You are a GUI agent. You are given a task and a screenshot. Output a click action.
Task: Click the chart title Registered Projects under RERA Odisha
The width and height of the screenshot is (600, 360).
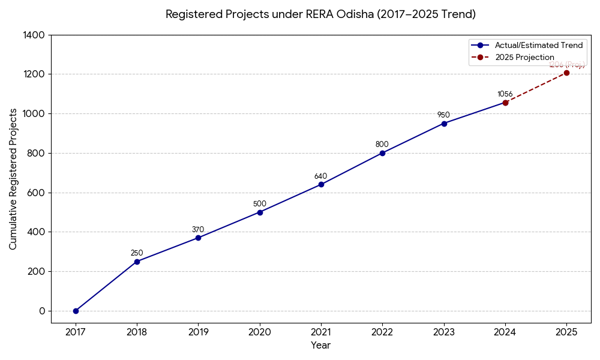(320, 14)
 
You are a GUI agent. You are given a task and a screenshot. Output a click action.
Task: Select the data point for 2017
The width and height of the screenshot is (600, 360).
(76, 311)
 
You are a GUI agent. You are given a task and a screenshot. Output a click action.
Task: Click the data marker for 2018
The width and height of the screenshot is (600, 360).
(137, 262)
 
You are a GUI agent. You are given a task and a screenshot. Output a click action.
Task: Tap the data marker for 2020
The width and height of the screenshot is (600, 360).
(260, 212)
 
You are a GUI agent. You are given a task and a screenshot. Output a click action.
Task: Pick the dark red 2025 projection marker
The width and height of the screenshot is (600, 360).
(566, 73)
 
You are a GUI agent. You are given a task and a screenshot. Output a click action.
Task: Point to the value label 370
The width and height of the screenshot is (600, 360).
(198, 230)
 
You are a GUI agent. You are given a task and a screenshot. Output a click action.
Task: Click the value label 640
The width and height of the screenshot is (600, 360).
(321, 176)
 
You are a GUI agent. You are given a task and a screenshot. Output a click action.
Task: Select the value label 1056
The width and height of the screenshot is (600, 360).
(505, 94)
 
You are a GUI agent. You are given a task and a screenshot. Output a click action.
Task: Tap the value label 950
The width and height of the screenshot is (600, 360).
(443, 115)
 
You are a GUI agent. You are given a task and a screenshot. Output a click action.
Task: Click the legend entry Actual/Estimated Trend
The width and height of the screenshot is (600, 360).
(538, 46)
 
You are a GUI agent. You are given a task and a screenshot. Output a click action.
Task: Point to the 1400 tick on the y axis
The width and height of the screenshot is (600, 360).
(34, 35)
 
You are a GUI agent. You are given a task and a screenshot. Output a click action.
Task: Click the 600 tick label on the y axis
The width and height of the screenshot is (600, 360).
(36, 193)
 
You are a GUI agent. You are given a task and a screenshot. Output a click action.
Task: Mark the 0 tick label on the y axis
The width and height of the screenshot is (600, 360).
(42, 311)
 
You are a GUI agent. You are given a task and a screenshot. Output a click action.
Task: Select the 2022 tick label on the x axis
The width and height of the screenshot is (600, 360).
(382, 332)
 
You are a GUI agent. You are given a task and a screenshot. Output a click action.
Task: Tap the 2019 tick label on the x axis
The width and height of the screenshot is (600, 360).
(198, 332)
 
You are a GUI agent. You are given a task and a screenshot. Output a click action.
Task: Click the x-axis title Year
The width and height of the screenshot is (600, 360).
(320, 346)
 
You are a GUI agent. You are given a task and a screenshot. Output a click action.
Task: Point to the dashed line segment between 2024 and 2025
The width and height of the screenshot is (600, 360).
(536, 88)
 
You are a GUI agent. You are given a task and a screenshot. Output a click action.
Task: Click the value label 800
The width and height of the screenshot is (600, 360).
(382, 145)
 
